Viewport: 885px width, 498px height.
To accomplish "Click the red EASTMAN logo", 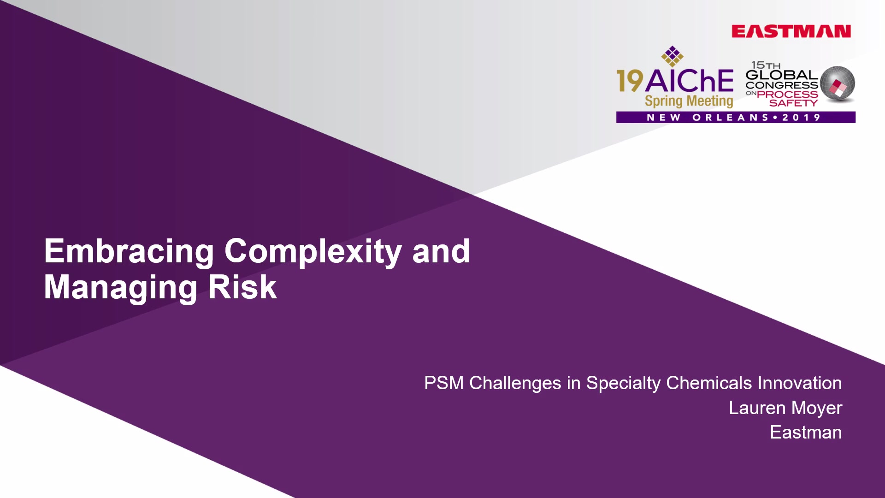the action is click(x=791, y=31).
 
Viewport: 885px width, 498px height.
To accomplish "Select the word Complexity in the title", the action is click(x=313, y=252).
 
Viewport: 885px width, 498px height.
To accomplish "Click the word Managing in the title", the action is click(x=121, y=288).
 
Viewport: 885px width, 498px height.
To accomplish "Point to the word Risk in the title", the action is click(x=242, y=287).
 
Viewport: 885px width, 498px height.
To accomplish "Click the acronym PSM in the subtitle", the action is click(x=444, y=383).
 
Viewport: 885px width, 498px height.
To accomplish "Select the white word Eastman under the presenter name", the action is click(x=806, y=433).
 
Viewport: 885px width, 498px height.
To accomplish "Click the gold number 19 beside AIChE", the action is click(x=630, y=81).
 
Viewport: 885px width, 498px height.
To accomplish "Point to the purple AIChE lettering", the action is click(x=689, y=81).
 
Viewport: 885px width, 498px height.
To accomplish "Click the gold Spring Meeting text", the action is click(x=689, y=101).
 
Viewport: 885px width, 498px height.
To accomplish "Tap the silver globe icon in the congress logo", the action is click(x=838, y=83).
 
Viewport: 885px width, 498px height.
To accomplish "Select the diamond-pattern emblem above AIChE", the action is click(x=673, y=56).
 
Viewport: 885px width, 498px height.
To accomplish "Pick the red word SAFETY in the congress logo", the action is click(x=793, y=103).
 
